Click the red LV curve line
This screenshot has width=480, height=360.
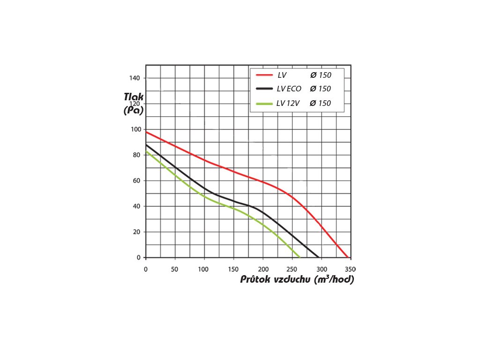pos(234,172)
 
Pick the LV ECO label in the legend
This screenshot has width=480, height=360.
pos(289,89)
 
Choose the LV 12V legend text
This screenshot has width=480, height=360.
pos(288,103)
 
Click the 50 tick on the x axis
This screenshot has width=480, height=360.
pos(175,269)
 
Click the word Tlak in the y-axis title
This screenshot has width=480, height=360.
pos(134,97)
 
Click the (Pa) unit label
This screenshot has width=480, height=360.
pos(134,111)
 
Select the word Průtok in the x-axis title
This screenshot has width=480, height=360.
pos(256,280)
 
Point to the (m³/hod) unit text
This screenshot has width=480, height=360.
pos(335,280)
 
